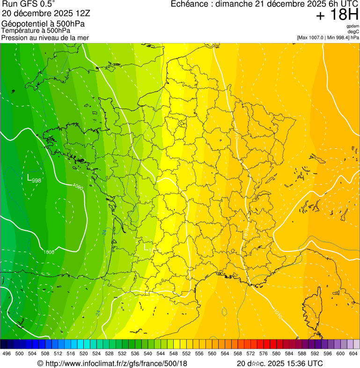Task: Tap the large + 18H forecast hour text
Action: click(x=337, y=15)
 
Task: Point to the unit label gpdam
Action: click(x=353, y=26)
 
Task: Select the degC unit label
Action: click(x=353, y=31)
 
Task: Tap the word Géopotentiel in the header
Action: click(x=23, y=23)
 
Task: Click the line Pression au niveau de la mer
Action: click(x=45, y=37)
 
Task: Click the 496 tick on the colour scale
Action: click(x=7, y=353)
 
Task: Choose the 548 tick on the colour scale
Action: click(x=173, y=353)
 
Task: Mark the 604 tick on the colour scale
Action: click(x=353, y=353)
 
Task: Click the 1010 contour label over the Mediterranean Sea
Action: click(x=278, y=312)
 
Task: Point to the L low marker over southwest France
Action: click(x=146, y=247)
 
